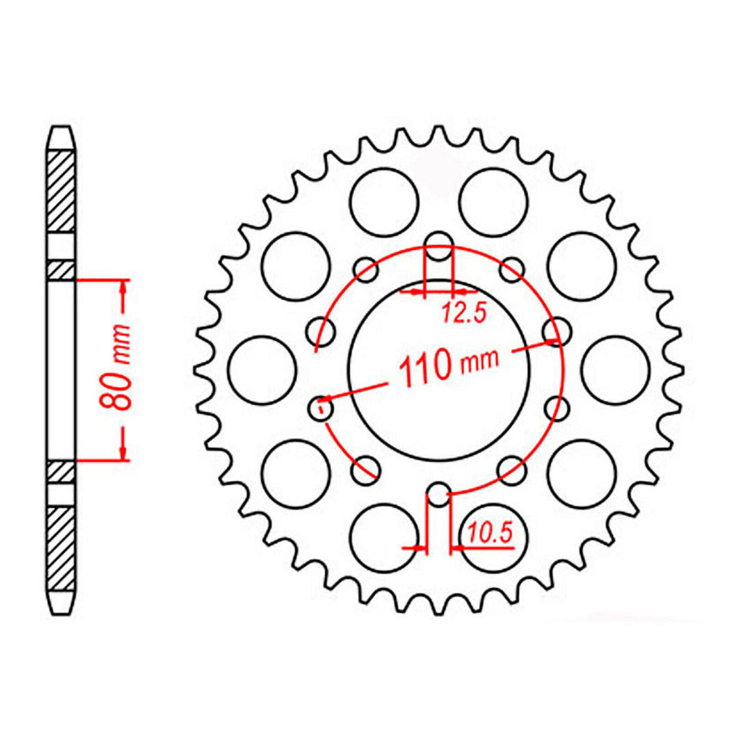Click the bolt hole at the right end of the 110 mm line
point(556,331)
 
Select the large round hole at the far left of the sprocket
point(261,370)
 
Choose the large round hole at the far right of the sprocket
point(615,370)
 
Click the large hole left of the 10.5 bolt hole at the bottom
point(383,537)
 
